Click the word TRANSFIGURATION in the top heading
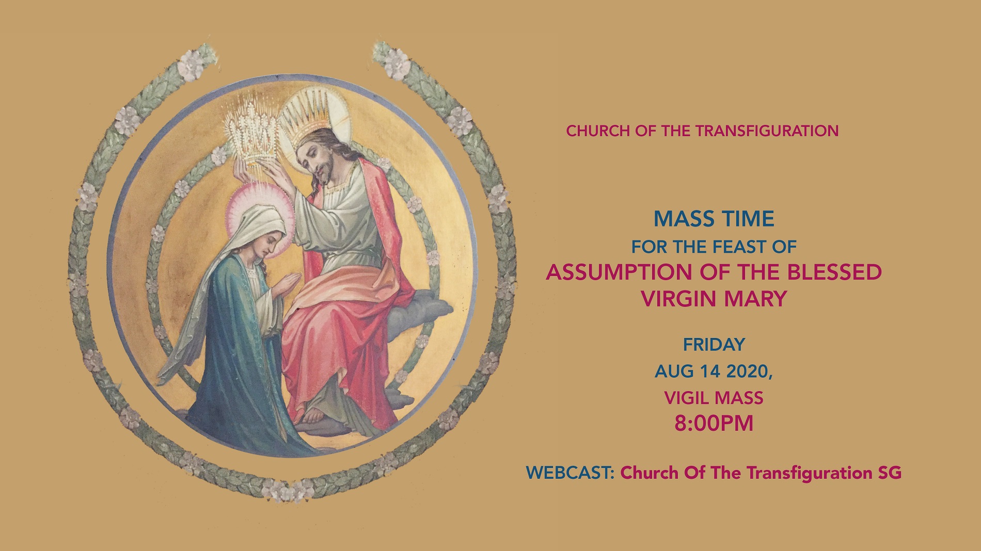(x=767, y=131)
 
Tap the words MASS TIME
(x=714, y=219)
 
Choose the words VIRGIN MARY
(x=714, y=299)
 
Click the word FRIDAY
(x=714, y=344)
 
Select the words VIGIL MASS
(x=714, y=398)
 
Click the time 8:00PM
(x=714, y=424)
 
